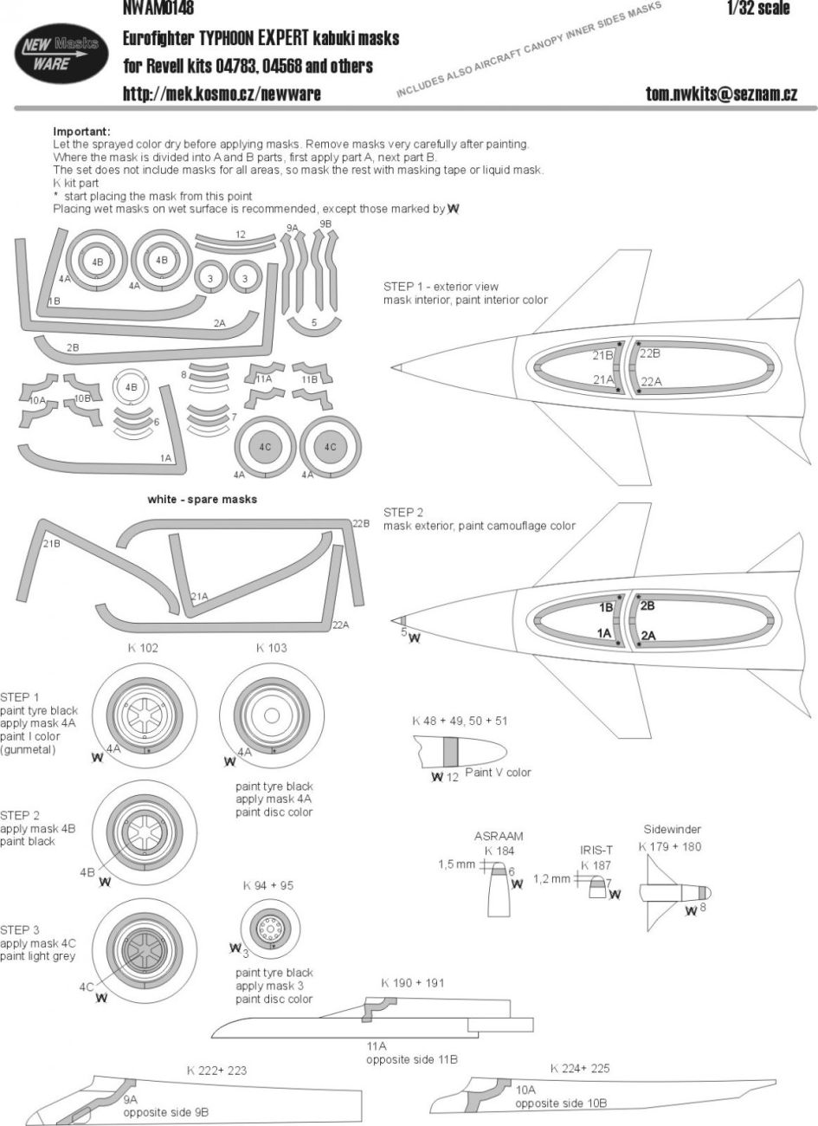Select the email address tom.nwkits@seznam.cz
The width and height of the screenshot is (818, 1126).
click(721, 94)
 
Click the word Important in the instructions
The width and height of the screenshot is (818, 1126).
click(87, 132)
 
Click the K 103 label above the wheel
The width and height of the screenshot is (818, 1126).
click(271, 648)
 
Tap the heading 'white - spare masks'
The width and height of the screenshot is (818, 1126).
click(203, 500)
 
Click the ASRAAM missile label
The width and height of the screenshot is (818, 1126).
click(499, 837)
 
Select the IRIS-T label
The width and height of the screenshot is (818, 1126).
click(596, 851)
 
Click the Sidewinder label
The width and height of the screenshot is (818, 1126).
click(672, 829)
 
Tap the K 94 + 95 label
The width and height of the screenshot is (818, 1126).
click(268, 885)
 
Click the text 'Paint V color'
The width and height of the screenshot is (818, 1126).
click(498, 772)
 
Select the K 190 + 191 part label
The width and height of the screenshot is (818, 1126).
click(412, 983)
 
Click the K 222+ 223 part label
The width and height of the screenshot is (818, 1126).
click(216, 1071)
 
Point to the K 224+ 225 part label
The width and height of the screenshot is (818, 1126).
click(579, 1069)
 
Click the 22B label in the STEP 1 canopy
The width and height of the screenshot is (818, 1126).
click(650, 353)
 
